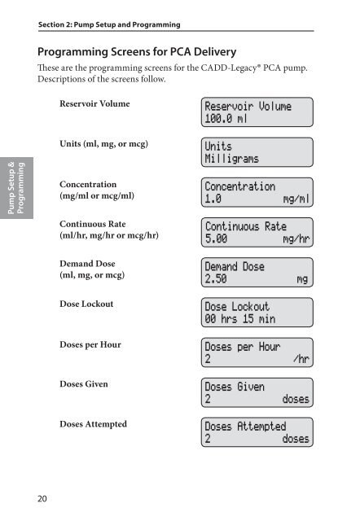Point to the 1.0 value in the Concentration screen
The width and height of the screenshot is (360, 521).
[x=213, y=199]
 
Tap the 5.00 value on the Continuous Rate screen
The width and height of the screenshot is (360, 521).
[x=217, y=239]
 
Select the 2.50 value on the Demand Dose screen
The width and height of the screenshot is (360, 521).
[x=217, y=280]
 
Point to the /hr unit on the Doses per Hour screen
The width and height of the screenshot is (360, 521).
[x=299, y=359]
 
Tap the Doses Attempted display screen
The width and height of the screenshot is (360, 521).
[x=257, y=432]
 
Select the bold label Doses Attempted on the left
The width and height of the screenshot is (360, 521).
[x=99, y=424]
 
